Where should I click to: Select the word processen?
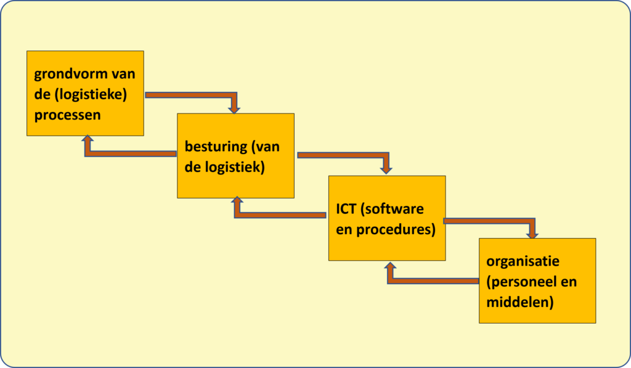68,115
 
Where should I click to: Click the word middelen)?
519,302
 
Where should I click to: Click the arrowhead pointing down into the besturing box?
234,108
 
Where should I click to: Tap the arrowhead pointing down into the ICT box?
386,168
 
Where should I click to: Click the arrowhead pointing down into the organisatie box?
532,233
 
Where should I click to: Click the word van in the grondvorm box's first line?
123,75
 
